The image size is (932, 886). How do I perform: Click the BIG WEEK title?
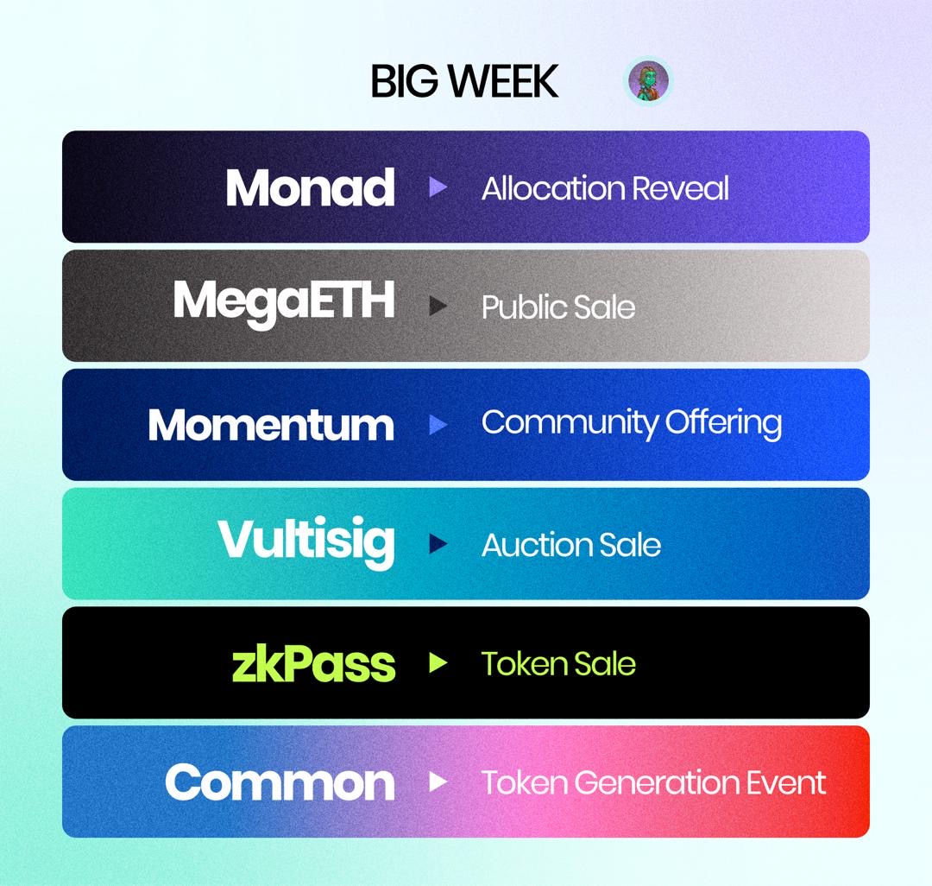coord(464,81)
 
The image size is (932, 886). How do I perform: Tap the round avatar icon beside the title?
coord(647,82)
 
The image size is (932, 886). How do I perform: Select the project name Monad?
coord(310,187)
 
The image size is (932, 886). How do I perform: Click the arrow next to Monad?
coord(438,187)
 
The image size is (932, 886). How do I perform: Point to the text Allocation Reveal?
coord(605,188)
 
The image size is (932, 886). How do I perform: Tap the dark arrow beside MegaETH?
coord(438,306)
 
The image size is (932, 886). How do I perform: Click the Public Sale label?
coord(557,307)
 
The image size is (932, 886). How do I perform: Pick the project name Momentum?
coord(271,425)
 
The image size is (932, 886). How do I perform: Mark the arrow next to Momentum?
coord(438,425)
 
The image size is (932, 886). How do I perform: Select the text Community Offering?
coord(632,423)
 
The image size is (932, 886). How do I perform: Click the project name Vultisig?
coord(306,541)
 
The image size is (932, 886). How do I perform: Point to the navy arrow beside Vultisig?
coord(438,544)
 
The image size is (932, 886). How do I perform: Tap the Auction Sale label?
coord(571,545)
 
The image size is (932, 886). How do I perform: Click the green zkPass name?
coord(313,663)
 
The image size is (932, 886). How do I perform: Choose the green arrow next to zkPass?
coord(438,663)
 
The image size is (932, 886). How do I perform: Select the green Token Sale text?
coord(558,663)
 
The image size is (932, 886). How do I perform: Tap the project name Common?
coord(280,782)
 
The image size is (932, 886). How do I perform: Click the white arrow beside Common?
coord(438,782)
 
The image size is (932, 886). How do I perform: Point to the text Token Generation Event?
coord(653,782)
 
